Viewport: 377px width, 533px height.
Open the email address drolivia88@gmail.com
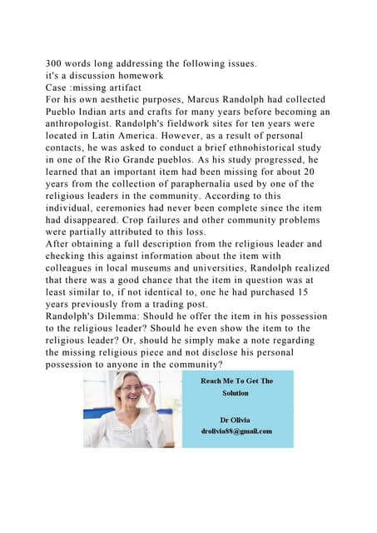(x=236, y=431)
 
